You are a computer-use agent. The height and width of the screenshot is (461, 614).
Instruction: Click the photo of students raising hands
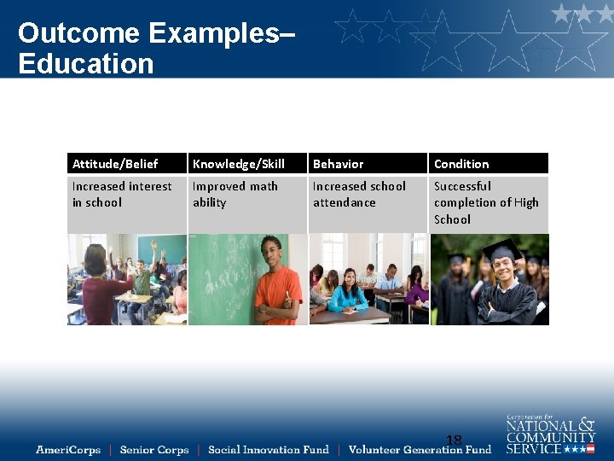pos(127,279)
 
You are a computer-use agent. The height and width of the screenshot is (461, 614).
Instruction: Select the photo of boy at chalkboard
pos(247,279)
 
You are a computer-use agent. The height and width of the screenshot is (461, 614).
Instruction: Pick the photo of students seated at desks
pos(368,279)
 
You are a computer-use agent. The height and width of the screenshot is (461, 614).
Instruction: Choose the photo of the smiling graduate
pos(489,279)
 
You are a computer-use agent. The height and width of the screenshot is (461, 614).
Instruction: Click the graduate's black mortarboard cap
pos(504,249)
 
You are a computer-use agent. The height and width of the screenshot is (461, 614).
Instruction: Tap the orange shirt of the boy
pos(278,294)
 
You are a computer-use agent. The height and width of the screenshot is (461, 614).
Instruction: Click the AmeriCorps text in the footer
pos(68,450)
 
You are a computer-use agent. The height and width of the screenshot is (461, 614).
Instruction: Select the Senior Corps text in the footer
pos(154,450)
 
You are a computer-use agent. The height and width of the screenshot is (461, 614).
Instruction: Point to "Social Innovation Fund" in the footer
pos(268,450)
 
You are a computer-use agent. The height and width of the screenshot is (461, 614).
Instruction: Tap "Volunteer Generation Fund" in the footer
pos(420,450)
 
